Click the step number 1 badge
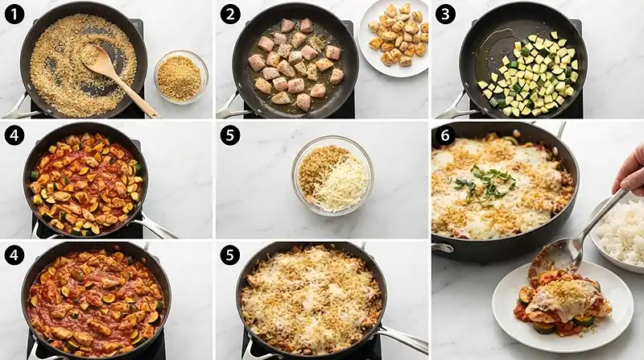click(14, 15)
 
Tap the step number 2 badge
click(230, 15)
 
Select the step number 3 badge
click(445, 15)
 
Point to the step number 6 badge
click(445, 135)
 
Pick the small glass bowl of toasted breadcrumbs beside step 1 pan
click(180, 77)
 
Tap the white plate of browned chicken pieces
click(394, 38)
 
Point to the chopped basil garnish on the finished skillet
click(485, 184)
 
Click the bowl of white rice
click(620, 232)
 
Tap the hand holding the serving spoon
click(630, 171)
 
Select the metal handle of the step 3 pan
click(451, 107)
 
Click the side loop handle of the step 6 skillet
click(443, 249)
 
